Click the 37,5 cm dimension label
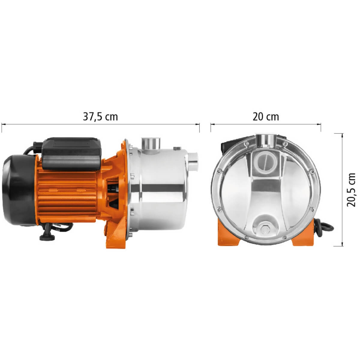pos(100,117)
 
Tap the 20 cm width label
pos(266,117)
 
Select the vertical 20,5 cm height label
pos(351,190)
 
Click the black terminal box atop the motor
pos(72,154)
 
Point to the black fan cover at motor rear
pos(19,190)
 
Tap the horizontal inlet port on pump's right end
pos(193,162)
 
